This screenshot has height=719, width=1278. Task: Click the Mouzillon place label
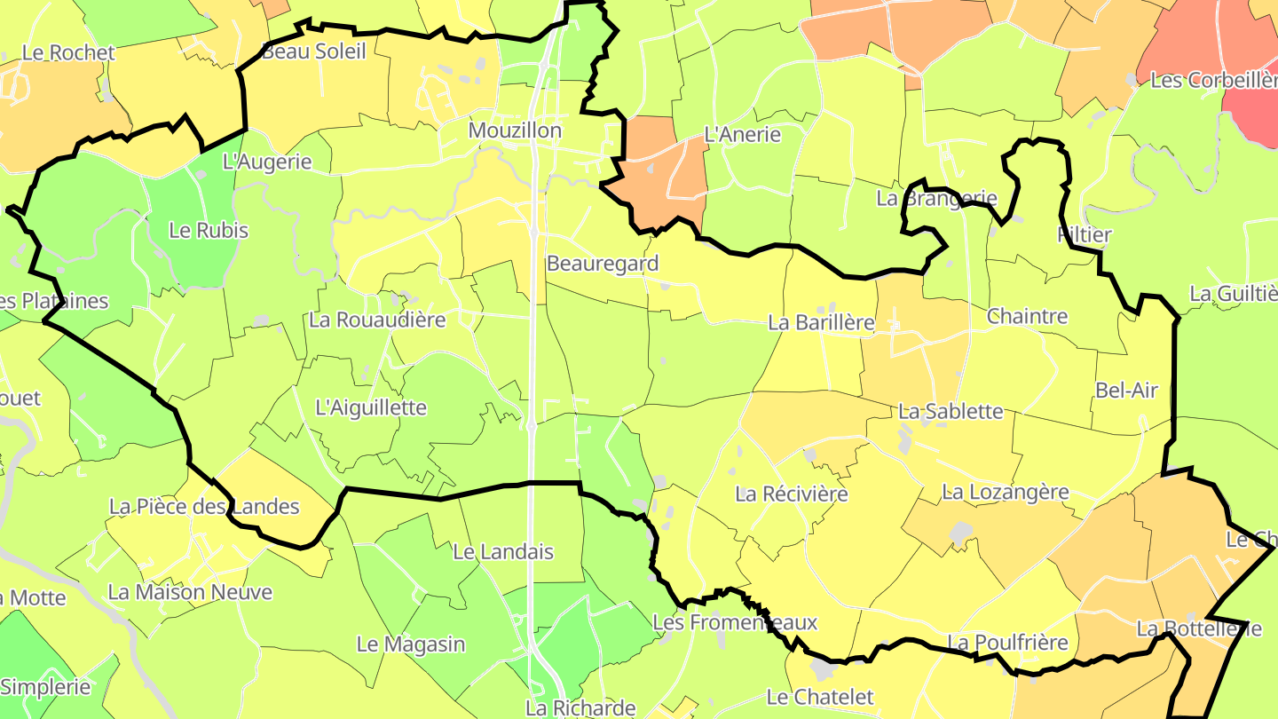pos(515,130)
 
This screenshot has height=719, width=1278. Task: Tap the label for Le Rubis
pos(209,230)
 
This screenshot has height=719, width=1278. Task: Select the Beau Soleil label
pos(313,51)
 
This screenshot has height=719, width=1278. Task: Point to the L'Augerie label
pos(267,162)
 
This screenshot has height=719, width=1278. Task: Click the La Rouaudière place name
pos(377,320)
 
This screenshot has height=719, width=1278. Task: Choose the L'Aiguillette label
pos(371,407)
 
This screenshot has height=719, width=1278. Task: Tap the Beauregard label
pos(603,263)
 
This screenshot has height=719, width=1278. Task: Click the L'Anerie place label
pos(742,135)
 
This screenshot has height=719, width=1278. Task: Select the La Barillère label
pos(822,322)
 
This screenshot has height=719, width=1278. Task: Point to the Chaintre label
pos(1027,316)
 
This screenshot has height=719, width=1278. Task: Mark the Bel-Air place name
pos(1126,390)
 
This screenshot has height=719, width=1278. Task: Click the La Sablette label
pos(951,411)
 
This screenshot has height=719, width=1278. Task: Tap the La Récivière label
pos(792,494)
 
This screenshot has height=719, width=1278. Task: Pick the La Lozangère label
pos(1006,491)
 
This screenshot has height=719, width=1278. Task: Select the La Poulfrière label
pos(1007,642)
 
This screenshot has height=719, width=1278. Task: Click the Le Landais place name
pos(503,551)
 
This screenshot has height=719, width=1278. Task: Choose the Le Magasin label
pos(411,644)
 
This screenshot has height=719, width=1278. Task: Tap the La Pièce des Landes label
pos(204,507)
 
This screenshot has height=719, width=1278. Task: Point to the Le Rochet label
pos(68,52)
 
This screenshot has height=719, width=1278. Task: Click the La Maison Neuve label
pos(190,591)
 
